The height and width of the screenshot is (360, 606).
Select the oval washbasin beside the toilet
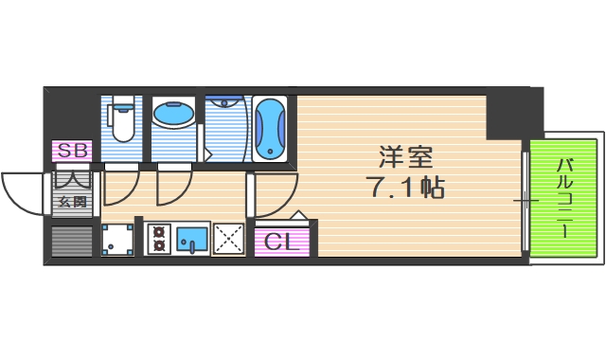[x=173, y=116]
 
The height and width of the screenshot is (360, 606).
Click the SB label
[x=71, y=151]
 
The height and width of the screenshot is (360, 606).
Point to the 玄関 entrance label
[x=72, y=202]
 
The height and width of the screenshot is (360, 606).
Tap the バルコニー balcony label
[x=564, y=199]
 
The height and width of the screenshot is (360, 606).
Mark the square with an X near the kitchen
[x=229, y=239]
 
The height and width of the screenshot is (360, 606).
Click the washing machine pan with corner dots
[x=117, y=240]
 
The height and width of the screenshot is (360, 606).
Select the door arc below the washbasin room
[x=174, y=185]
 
